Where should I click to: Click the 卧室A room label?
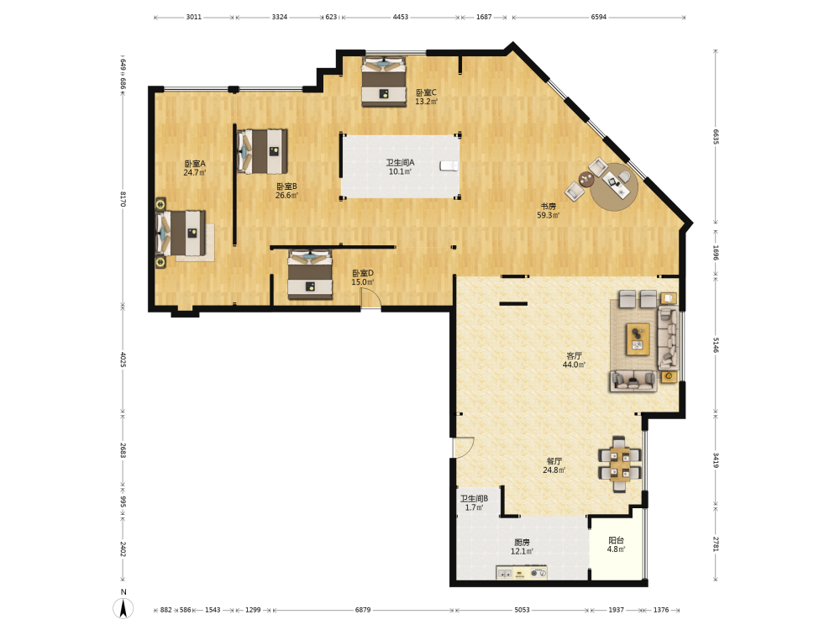pos(195,164)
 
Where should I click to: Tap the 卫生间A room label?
pos(400,162)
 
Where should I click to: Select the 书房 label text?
pos(548,207)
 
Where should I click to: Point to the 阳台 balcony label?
pos(616,540)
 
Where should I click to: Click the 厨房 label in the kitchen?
pos(522,542)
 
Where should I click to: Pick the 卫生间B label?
pos(474,498)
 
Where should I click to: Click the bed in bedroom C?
pos(384,81)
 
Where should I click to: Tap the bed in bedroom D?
pos(310,275)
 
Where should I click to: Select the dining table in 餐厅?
pos(620,464)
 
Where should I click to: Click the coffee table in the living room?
pos(638,339)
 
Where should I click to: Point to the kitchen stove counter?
pos(522,573)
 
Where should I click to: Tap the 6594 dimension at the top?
pos(598,17)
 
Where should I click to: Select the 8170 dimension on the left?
pos(123,199)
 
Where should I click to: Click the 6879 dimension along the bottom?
pos(363,610)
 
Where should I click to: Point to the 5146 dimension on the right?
pos(716,345)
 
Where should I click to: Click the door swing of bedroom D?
pos(370,298)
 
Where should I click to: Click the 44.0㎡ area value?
pos(574,365)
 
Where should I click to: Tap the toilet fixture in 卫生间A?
pos(449,165)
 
